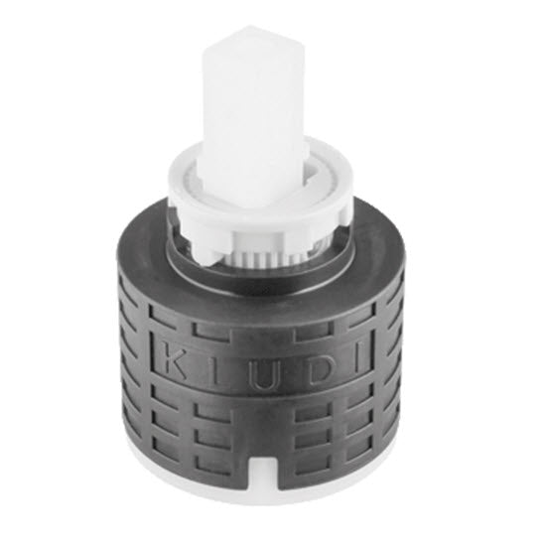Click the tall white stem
(253, 116)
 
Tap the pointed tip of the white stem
(249, 27)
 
